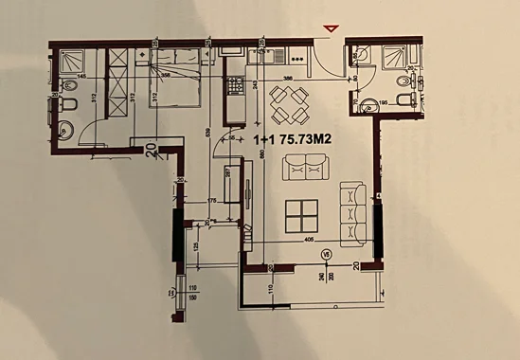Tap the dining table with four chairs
pos(289,104)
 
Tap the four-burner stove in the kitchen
pos(233,87)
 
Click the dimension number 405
pos(309,241)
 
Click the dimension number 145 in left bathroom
pos(81,76)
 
